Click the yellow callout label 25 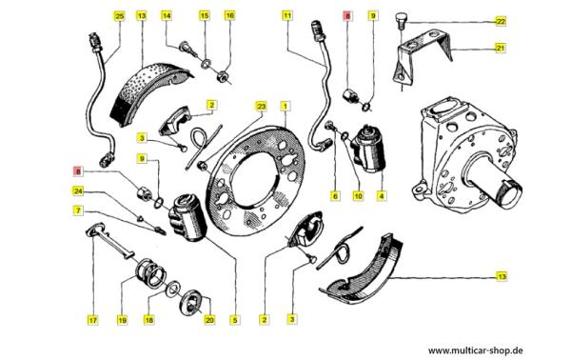(120, 16)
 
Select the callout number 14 (167, 15)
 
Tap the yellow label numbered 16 (229, 15)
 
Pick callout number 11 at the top (287, 15)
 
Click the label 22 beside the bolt (502, 22)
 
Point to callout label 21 (502, 48)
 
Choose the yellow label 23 (261, 107)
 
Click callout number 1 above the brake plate (285, 107)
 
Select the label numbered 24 (78, 190)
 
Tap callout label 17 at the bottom (93, 320)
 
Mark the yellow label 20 (209, 320)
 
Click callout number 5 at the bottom (235, 320)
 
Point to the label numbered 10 (359, 196)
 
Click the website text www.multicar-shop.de (476, 350)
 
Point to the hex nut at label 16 (222, 76)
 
